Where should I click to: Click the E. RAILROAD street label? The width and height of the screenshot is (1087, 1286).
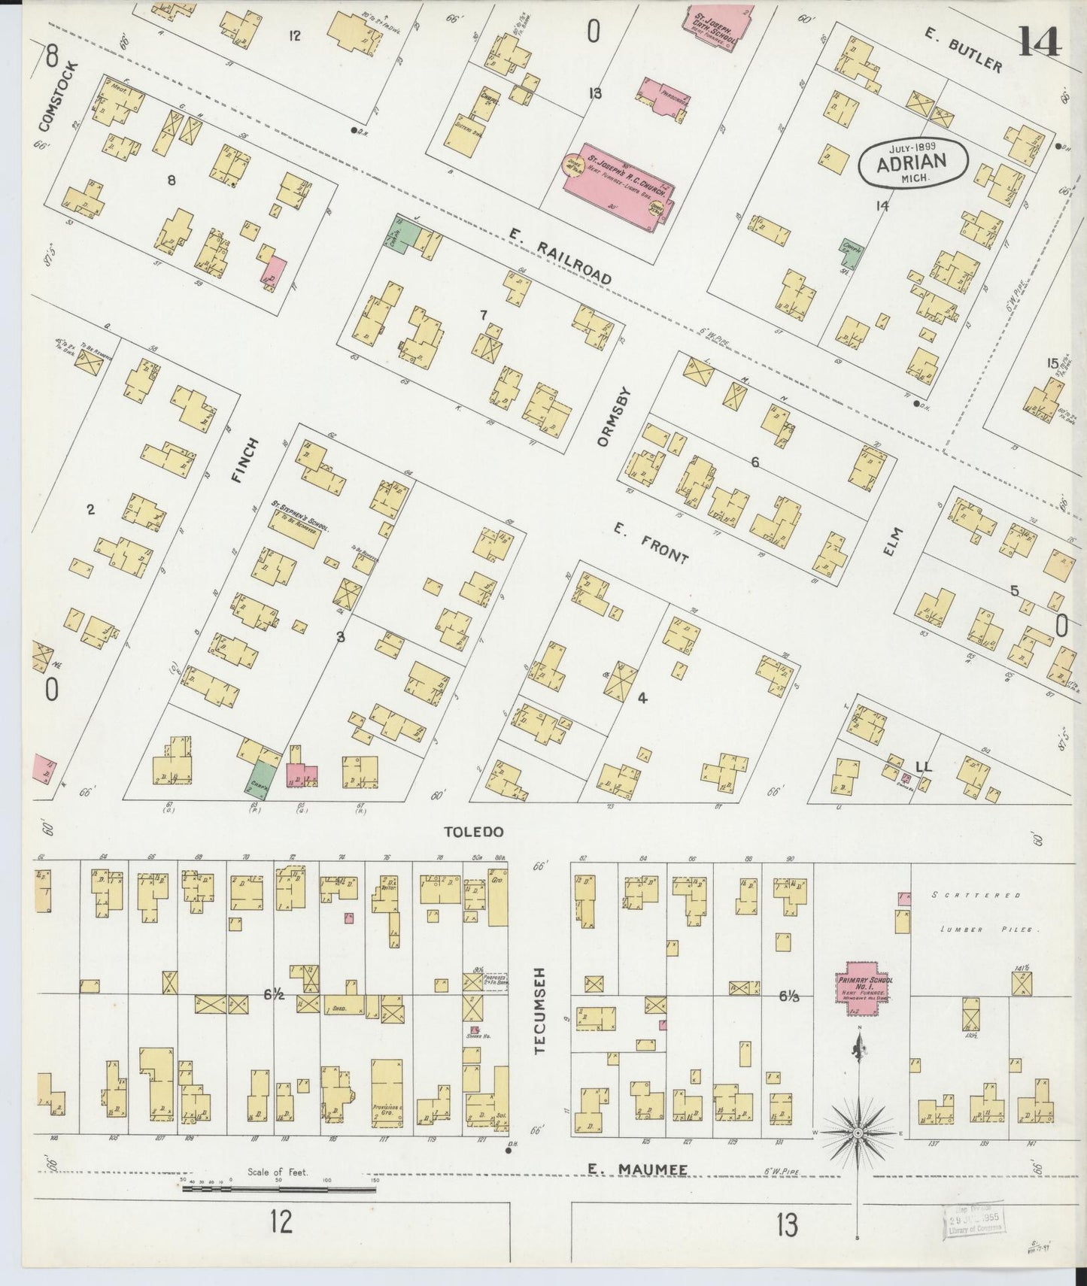560,256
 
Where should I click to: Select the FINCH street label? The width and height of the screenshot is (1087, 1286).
249,460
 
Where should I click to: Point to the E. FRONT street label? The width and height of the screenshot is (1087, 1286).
650,544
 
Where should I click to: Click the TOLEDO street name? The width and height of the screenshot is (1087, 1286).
472,832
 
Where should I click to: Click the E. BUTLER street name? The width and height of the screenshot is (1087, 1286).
967,54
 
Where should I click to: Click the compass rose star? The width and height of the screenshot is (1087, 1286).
858,1132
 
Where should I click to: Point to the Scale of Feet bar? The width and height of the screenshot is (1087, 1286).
279,1189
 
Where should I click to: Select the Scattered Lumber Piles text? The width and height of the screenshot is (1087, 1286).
985,912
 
